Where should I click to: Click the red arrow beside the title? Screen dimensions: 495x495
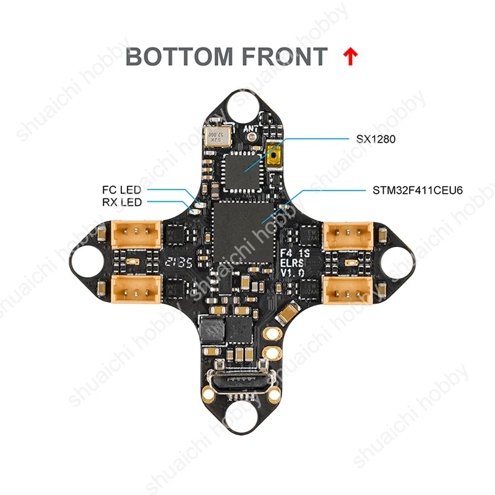(x=350, y=57)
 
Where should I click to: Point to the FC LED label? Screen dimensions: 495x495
(x=122, y=189)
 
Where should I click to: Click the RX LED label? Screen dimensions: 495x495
(x=122, y=202)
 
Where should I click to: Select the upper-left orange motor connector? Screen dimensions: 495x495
(x=137, y=235)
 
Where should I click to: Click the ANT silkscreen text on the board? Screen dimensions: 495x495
(x=251, y=129)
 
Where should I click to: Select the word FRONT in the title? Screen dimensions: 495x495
(x=284, y=57)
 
